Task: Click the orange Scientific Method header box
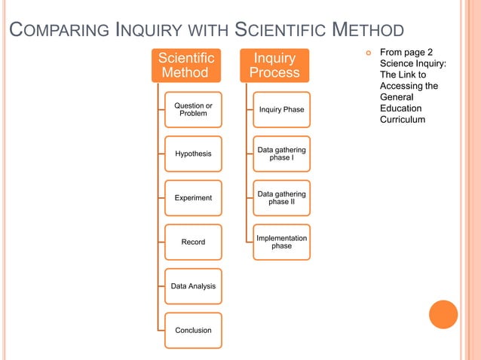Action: [185, 66]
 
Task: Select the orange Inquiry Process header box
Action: [274, 66]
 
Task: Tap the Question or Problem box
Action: [193, 109]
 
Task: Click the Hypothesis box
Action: [193, 154]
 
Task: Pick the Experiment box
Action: [193, 198]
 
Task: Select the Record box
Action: [193, 242]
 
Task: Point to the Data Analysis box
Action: [193, 286]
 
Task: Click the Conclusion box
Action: [193, 330]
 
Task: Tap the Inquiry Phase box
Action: [281, 110]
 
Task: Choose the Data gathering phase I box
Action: [281, 154]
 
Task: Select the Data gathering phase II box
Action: [281, 198]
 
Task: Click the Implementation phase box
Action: [281, 242]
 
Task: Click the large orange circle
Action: [443, 314]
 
